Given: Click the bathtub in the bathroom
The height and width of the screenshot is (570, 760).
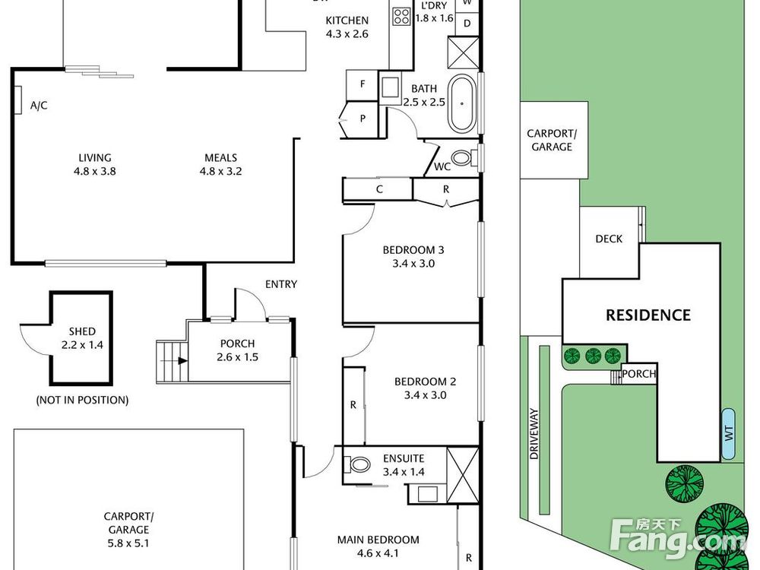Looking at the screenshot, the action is (x=462, y=103).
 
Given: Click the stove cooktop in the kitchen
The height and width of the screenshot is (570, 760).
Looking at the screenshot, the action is (x=402, y=16).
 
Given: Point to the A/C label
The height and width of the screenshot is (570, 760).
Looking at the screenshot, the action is (x=39, y=105).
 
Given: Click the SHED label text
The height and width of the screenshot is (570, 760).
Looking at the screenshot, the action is (x=82, y=331).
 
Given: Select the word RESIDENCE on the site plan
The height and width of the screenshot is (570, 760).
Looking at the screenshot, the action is (x=648, y=315).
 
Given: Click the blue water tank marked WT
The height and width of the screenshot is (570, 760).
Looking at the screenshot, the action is (x=728, y=434).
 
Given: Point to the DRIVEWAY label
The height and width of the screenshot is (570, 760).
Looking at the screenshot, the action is (x=534, y=434).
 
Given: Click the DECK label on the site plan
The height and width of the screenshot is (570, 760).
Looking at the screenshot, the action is (x=609, y=239).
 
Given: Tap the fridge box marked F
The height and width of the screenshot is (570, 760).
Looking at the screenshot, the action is (x=362, y=85).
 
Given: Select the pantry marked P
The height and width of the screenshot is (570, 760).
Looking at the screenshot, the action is (x=362, y=119).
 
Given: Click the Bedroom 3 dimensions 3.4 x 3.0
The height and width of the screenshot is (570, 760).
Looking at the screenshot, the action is (x=413, y=264).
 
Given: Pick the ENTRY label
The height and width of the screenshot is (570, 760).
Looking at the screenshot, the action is (x=281, y=284).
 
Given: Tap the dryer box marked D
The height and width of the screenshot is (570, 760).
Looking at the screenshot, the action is (x=467, y=24).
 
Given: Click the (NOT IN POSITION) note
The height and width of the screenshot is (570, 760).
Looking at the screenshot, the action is (x=82, y=400).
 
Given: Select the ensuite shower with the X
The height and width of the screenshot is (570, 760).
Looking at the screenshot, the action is (x=462, y=476).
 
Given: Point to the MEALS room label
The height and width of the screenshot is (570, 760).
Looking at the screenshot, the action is (x=220, y=157).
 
